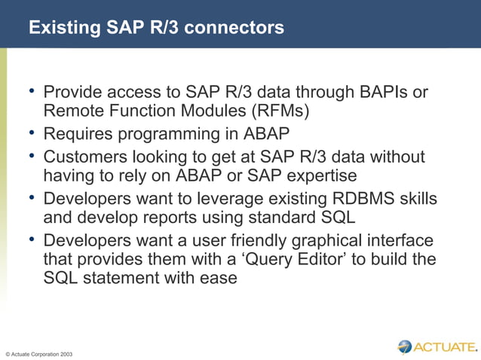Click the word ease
tap(220, 278)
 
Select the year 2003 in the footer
tap(66, 353)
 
